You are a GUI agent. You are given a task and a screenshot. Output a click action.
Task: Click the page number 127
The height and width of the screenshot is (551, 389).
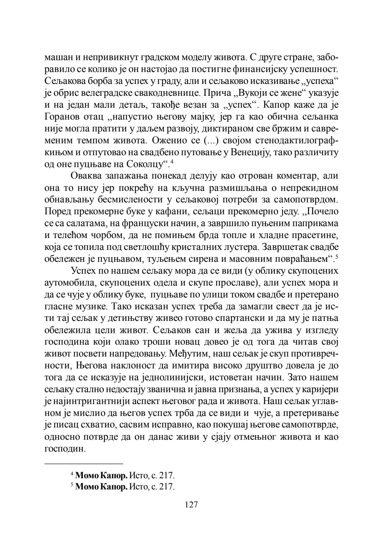(191, 505)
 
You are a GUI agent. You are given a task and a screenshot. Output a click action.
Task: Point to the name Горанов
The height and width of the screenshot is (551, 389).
(63, 118)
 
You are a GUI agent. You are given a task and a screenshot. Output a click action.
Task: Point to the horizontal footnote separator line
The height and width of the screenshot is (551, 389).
(84, 463)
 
